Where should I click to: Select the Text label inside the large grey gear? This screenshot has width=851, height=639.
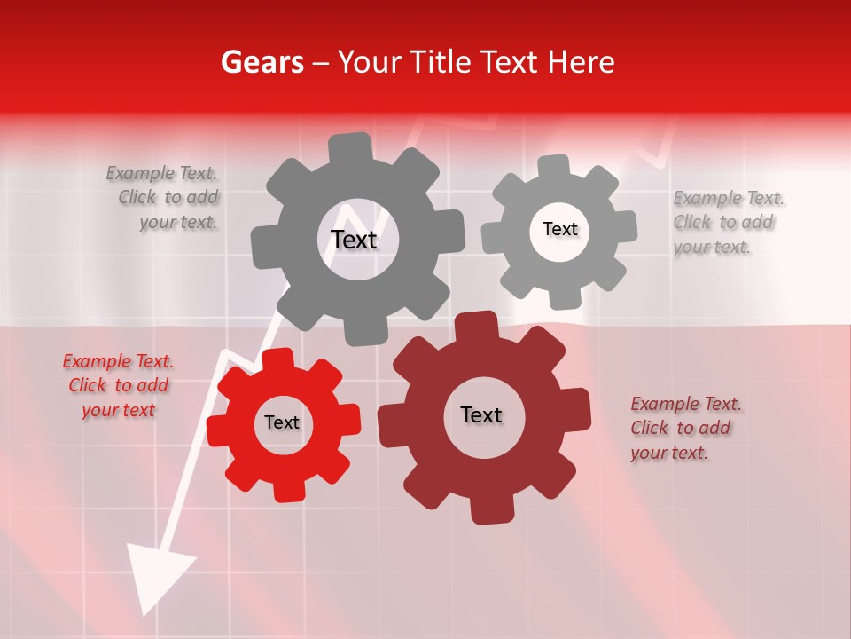click(x=354, y=240)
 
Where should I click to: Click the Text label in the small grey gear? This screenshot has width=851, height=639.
click(x=559, y=229)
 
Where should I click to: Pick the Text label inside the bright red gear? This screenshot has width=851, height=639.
click(x=282, y=422)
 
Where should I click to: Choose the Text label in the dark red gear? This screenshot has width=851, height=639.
click(x=481, y=414)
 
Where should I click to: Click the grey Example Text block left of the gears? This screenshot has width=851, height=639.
click(x=165, y=198)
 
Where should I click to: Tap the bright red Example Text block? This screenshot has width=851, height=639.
click(x=119, y=385)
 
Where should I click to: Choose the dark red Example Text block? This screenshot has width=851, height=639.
click(x=684, y=428)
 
